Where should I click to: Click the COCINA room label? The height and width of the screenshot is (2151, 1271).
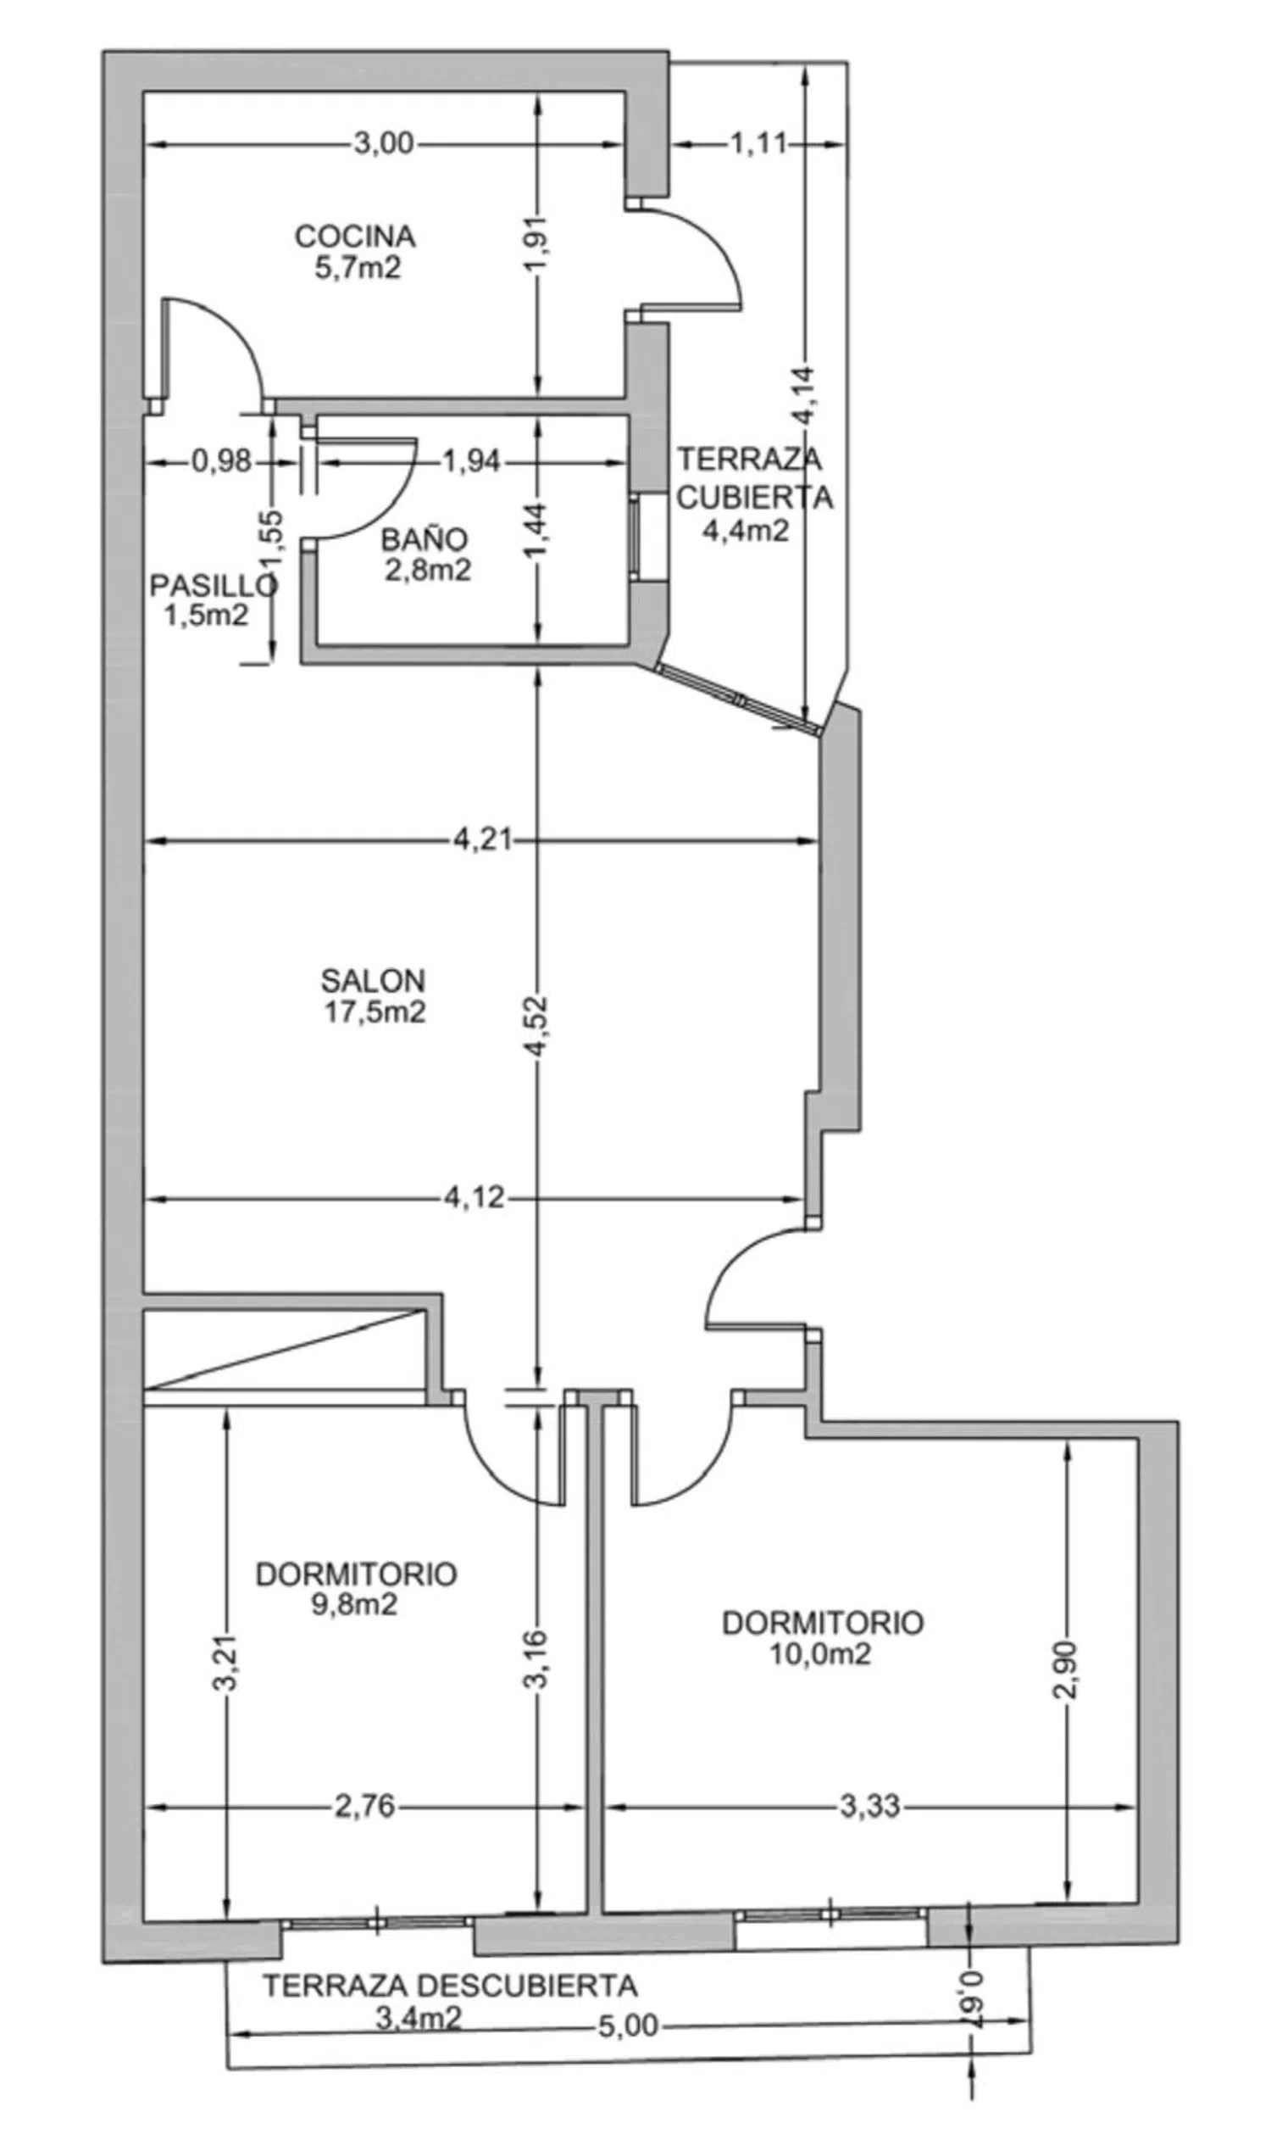[355, 236]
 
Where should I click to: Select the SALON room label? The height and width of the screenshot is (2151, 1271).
[374, 980]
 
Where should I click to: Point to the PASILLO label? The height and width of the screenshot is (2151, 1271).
[214, 586]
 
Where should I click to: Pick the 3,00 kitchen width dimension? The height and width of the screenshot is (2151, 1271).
[384, 143]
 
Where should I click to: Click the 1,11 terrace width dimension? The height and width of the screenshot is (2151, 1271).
[758, 143]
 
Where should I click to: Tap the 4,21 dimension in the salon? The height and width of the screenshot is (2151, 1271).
[482, 840]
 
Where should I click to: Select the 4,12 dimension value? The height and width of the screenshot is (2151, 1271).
[475, 1196]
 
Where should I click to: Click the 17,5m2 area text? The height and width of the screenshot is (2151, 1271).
[375, 1012]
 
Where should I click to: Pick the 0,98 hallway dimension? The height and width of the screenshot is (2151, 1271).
[223, 462]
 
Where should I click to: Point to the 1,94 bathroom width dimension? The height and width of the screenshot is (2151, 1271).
[471, 462]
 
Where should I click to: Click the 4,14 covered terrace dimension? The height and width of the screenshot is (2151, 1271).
[804, 396]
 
